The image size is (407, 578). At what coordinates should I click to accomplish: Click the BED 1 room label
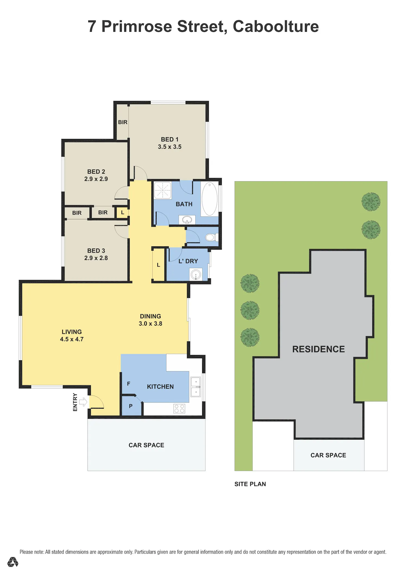click(x=170, y=139)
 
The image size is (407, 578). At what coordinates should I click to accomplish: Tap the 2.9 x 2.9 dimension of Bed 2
click(x=96, y=179)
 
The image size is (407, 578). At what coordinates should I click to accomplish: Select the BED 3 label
click(x=96, y=251)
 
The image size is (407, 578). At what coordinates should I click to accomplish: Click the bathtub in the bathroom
click(x=209, y=199)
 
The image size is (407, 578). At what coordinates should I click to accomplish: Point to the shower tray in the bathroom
click(x=163, y=190)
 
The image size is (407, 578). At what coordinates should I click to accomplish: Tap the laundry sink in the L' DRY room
click(x=196, y=275)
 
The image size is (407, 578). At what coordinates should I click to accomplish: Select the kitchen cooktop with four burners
click(x=179, y=409)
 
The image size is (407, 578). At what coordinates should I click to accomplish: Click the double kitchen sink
click(x=196, y=387)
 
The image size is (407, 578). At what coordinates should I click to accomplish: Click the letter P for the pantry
click(x=131, y=406)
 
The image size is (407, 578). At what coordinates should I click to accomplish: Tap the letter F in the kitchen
click(x=129, y=384)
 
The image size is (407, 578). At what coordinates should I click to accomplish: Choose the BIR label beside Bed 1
click(x=123, y=122)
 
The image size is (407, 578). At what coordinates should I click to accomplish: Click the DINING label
click(x=150, y=316)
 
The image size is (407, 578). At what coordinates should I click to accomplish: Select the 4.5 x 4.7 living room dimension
click(x=72, y=339)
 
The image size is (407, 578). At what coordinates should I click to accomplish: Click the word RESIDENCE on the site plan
click(x=319, y=349)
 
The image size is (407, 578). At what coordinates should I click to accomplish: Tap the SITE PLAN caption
click(x=250, y=484)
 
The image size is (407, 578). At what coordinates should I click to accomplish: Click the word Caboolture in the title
click(x=276, y=26)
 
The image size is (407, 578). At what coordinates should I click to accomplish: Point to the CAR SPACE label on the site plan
click(x=328, y=455)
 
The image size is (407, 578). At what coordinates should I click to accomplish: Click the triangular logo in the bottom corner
click(x=13, y=562)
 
